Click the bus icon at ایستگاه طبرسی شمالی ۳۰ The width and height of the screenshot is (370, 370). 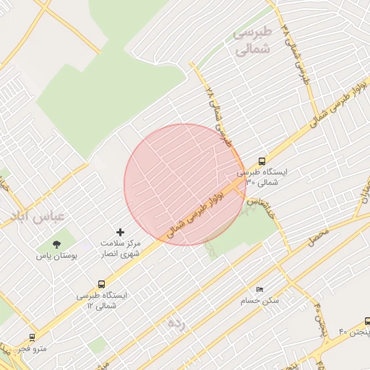pyautogui.click(x=261, y=162)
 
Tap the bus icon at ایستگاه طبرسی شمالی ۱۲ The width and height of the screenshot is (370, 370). pyautogui.click(x=100, y=285)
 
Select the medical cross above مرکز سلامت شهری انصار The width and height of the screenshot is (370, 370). pyautogui.click(x=120, y=232)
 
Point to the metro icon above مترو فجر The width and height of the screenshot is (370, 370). pyautogui.click(x=32, y=337)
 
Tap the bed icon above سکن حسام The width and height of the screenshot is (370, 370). pyautogui.click(x=260, y=288)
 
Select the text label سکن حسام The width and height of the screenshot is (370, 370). pyautogui.click(x=262, y=300)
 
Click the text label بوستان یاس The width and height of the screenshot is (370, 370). pyautogui.click(x=56, y=256)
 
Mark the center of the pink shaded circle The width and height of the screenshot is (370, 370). pyautogui.click(x=185, y=185)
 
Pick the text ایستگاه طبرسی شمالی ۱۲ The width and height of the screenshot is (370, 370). pyautogui.click(x=101, y=301)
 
